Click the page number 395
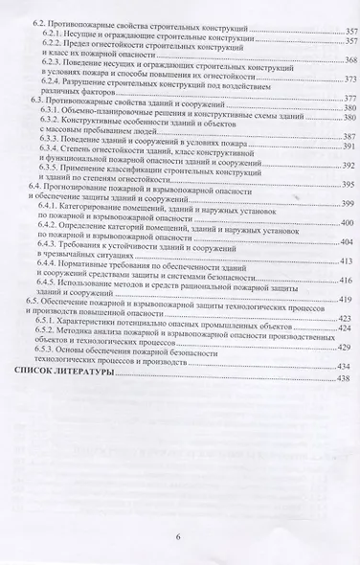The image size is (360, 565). click(x=349, y=184)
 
